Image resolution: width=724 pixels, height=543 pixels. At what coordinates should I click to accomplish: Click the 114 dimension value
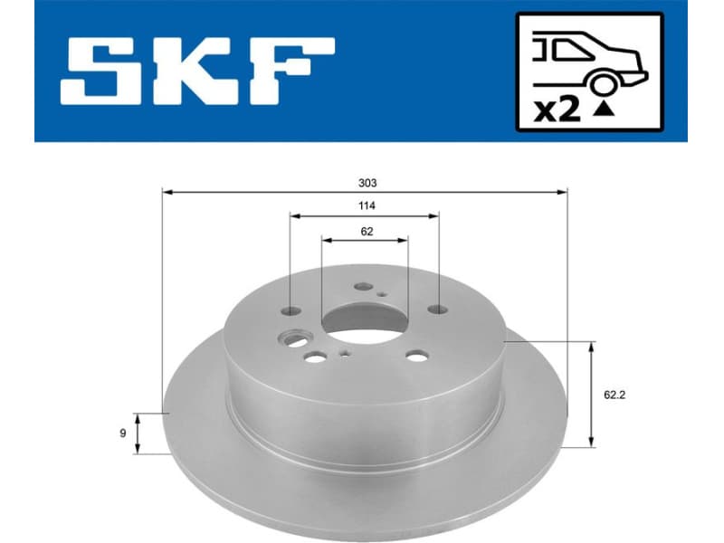[366, 205]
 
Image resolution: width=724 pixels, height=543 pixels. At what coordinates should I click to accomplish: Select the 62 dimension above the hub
[366, 231]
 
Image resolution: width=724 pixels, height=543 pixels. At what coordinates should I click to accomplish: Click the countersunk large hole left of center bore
[294, 340]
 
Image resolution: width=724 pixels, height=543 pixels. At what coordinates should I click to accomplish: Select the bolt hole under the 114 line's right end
[438, 310]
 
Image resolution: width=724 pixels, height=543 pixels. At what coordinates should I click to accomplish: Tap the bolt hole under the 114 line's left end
[291, 310]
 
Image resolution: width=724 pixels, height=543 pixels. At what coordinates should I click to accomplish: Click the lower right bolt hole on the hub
[415, 357]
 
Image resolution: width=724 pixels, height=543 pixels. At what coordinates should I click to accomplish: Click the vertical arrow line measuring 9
[137, 433]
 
